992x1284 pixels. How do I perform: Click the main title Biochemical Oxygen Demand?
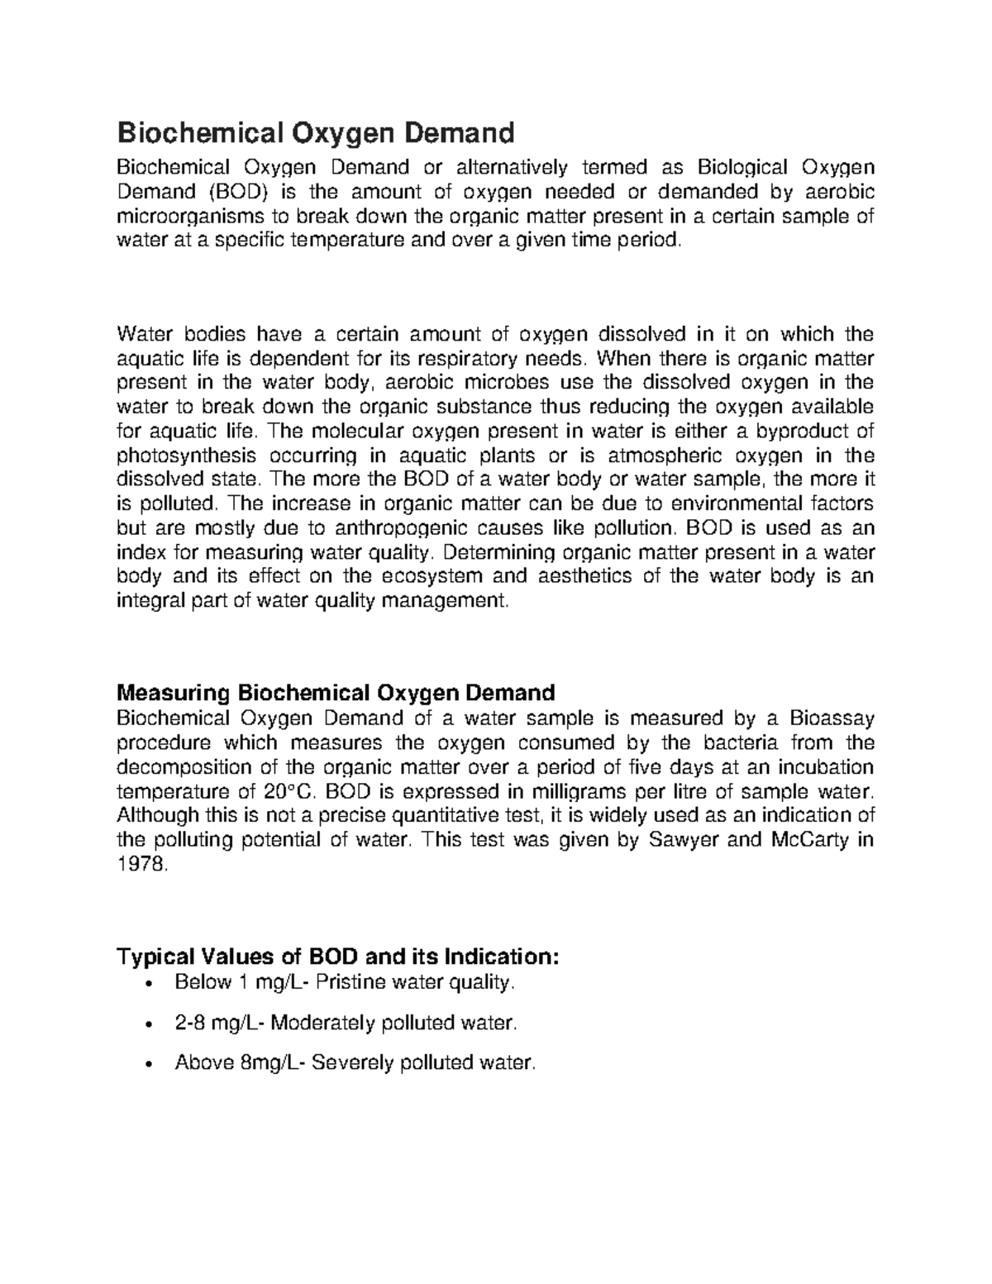(x=316, y=132)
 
